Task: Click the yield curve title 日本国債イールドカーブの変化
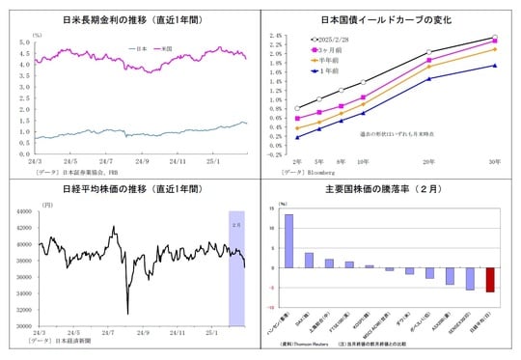(x=391, y=18)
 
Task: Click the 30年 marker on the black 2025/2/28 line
(x=495, y=38)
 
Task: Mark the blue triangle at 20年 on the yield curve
(x=429, y=79)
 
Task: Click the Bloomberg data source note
(x=307, y=171)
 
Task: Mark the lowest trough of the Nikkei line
(x=128, y=312)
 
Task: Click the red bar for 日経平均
(x=490, y=280)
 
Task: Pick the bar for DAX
(x=309, y=260)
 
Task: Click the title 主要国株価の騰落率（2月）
(x=390, y=188)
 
